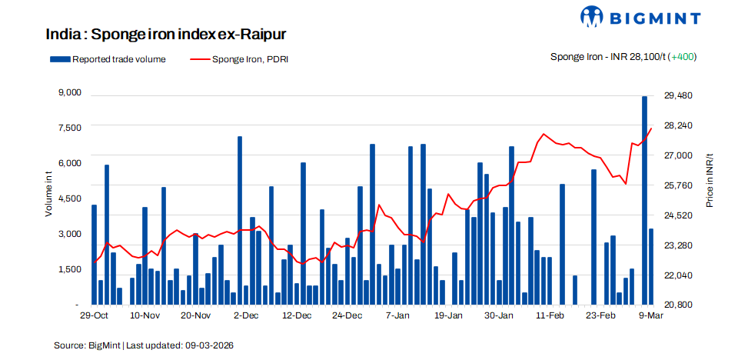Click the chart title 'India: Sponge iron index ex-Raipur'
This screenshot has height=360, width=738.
(166, 35)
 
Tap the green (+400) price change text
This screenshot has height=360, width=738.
(683, 57)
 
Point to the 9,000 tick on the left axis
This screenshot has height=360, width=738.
(70, 93)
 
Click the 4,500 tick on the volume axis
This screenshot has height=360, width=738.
(70, 198)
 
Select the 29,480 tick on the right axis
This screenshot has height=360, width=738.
(678, 95)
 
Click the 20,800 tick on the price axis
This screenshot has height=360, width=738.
(678, 305)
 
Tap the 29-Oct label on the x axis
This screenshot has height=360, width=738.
(94, 316)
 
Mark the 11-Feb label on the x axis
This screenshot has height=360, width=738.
(550, 316)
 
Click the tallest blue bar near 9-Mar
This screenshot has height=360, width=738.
(645, 200)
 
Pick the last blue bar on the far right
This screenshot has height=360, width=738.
(651, 266)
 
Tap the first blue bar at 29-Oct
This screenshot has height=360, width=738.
(94, 255)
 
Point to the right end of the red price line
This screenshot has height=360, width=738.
(651, 128)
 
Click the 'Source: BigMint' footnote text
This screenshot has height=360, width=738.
(144, 346)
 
